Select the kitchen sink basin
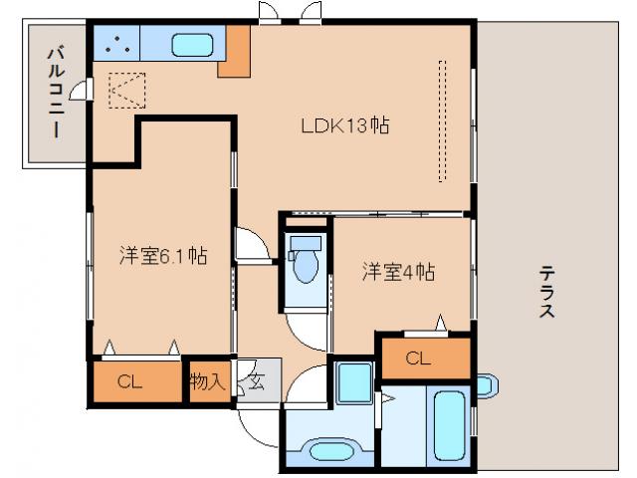[190, 45]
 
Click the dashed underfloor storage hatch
[126, 91]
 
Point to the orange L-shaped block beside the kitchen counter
[236, 55]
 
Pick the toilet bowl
[305, 264]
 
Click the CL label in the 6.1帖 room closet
[128, 380]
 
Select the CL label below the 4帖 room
[418, 359]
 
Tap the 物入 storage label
[207, 380]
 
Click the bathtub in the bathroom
[449, 423]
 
